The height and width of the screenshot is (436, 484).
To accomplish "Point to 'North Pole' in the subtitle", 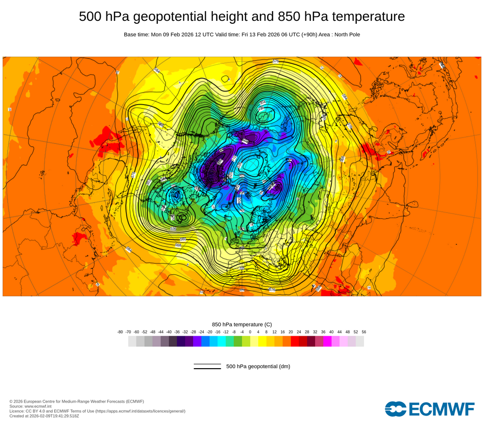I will (345, 34).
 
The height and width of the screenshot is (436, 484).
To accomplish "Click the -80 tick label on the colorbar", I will (120, 332).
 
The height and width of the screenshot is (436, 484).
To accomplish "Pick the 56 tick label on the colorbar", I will (364, 332).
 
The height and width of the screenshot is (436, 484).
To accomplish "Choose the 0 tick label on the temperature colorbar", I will (250, 332).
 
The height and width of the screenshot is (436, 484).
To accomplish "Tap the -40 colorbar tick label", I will (169, 332).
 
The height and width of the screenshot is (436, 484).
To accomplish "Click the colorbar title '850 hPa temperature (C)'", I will (242, 324).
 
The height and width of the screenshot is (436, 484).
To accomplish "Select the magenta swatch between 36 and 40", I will (327, 342).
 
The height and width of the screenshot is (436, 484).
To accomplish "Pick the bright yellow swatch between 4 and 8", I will (262, 342).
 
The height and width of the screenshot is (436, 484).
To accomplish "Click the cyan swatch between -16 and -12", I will (222, 342).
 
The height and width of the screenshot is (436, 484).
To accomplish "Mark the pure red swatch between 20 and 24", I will (295, 342).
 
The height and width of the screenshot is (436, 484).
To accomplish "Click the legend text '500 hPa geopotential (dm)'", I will (258, 366).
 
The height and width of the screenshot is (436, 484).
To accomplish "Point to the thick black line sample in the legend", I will (207, 368).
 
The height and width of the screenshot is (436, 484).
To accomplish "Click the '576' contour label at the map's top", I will (276, 62).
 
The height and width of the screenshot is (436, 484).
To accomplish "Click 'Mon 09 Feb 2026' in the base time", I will (171, 34).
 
